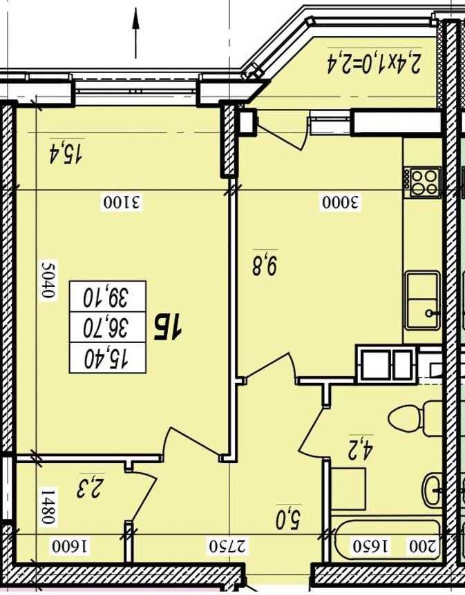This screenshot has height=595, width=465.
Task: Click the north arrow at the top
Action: (x=135, y=34)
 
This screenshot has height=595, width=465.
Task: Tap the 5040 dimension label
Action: (x=49, y=280)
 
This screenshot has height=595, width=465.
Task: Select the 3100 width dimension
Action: (x=122, y=202)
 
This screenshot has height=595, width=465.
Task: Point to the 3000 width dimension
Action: (x=341, y=202)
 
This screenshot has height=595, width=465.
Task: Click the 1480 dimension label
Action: (x=49, y=506)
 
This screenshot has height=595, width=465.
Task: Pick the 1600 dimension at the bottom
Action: (x=70, y=547)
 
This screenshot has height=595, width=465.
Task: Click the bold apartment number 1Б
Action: (x=167, y=329)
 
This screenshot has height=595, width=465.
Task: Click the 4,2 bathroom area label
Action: (x=361, y=448)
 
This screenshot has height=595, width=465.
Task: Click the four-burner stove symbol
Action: (x=422, y=182)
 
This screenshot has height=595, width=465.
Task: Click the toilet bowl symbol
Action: (x=415, y=418)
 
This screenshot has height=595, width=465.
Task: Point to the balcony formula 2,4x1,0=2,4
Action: (x=374, y=63)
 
